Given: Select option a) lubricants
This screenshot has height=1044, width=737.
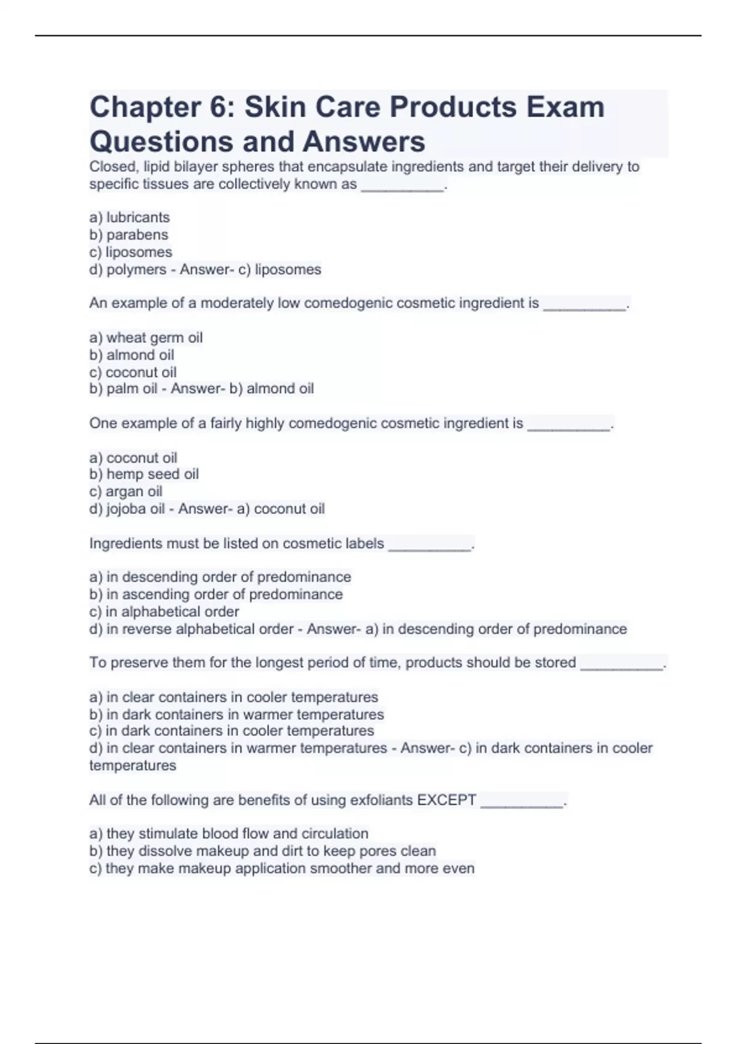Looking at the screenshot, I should click(130, 217).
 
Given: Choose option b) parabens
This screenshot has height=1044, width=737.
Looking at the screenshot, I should click(128, 235).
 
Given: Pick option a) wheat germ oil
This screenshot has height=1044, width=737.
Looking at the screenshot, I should click(146, 338).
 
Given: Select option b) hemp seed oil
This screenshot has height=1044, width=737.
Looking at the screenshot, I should click(144, 474).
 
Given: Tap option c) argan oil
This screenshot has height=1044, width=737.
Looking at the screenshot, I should click(126, 491).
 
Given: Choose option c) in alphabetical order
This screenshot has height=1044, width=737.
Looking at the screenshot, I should click(164, 612).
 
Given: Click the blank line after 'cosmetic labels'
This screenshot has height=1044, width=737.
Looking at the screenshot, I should click(430, 545).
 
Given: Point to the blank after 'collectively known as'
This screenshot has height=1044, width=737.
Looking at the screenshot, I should click(402, 186).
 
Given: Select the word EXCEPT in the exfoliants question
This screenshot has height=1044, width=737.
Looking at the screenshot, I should click(446, 800).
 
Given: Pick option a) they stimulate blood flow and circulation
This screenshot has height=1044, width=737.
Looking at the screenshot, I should click(228, 834).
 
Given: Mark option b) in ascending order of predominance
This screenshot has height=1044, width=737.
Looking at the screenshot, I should click(216, 594).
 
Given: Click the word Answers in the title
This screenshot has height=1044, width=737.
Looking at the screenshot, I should click(364, 142).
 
